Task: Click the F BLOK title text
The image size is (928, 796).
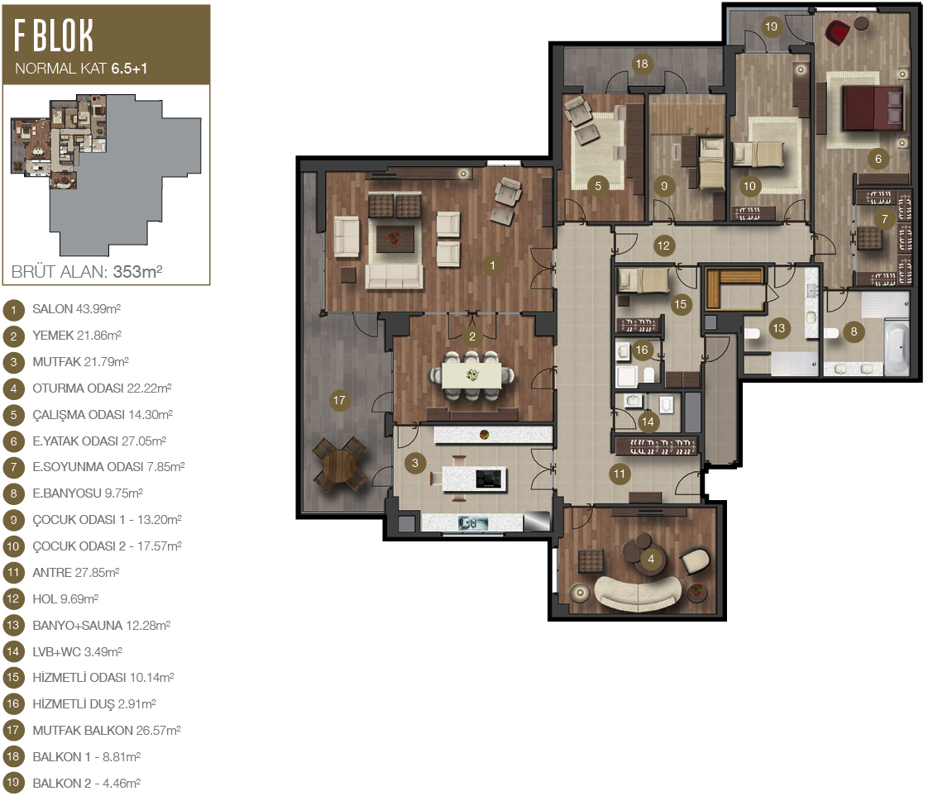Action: tap(53, 36)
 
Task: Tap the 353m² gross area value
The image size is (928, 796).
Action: tap(137, 271)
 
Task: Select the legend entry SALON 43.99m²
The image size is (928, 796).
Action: tap(76, 308)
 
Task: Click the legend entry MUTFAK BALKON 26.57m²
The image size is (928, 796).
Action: tap(107, 731)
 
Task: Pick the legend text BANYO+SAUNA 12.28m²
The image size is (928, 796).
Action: tap(101, 625)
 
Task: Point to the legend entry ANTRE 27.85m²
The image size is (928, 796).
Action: tap(76, 573)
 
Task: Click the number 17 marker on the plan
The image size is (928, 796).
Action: tap(339, 400)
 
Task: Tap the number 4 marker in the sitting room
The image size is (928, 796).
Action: tap(651, 559)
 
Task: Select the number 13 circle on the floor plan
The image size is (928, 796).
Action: tap(779, 328)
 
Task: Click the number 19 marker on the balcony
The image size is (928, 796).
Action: tap(771, 26)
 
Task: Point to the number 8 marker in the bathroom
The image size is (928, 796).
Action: tap(854, 331)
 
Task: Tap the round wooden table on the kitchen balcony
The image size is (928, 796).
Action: tap(339, 465)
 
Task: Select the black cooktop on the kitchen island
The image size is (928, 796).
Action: tap(489, 479)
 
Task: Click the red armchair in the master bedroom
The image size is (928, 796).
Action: tap(838, 32)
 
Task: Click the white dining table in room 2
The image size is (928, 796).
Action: tap(472, 375)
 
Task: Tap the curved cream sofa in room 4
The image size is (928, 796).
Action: tap(638, 593)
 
